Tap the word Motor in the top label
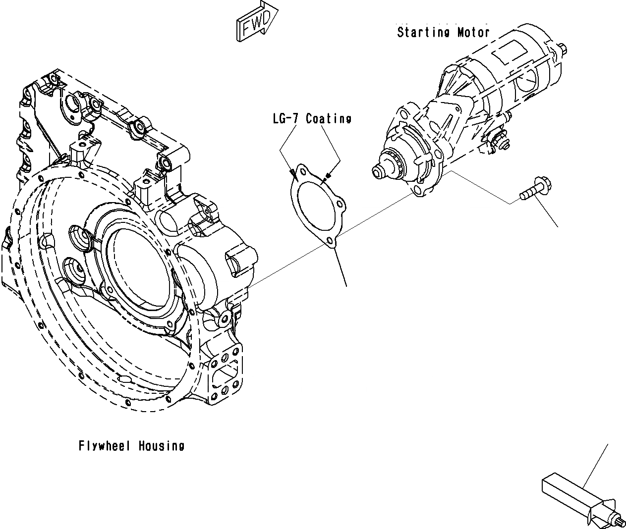tap(473, 33)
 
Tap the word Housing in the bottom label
tap(161, 446)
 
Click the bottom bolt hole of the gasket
tap(329, 241)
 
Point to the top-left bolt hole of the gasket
tap(300, 172)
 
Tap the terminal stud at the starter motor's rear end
tap(563, 48)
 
